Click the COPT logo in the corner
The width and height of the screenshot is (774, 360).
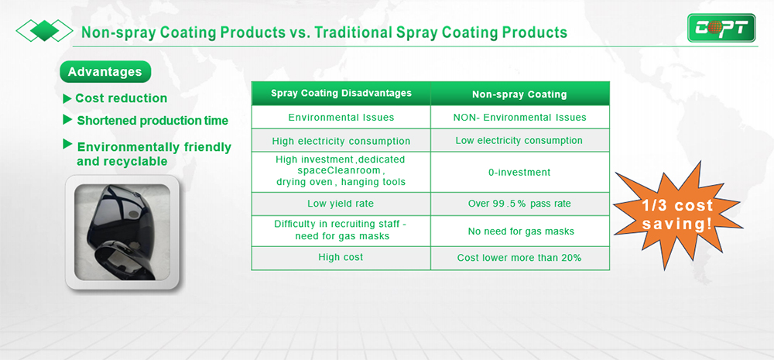[x=721, y=28]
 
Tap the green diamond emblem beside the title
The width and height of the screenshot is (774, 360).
[x=44, y=31]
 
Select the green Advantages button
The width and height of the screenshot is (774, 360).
[x=105, y=71]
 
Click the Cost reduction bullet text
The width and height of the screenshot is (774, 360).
[x=121, y=98]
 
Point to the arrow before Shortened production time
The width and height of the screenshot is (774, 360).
[x=67, y=119]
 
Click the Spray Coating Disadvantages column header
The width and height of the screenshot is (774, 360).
[x=341, y=94]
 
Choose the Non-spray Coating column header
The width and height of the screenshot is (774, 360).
[x=520, y=94]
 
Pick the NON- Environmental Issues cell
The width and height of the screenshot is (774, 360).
[x=520, y=118]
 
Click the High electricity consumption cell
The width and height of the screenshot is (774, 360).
[x=341, y=141]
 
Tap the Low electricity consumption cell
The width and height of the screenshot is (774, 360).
[x=520, y=141]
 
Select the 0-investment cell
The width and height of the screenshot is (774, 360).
[x=520, y=173]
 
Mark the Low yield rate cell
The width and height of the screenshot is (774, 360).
[x=341, y=204]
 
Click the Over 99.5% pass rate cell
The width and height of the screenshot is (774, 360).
[x=520, y=204]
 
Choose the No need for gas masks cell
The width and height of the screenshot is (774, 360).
[x=520, y=231]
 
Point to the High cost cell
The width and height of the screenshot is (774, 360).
[x=341, y=258]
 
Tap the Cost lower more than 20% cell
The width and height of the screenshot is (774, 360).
[x=520, y=258]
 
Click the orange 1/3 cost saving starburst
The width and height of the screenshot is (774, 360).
[x=676, y=215]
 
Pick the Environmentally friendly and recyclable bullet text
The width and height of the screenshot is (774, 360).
[x=154, y=154]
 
